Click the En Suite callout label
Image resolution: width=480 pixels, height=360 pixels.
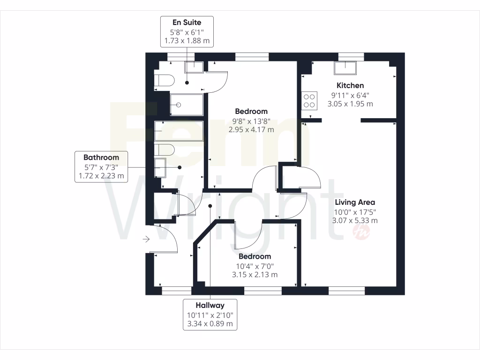187,31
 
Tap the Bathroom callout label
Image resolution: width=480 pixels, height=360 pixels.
101,167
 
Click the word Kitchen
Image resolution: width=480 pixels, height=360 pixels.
350,85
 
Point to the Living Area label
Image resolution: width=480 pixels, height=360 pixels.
355,202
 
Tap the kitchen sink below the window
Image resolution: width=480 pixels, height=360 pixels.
345,68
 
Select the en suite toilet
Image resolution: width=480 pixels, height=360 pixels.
165,81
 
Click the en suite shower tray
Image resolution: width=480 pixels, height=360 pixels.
186,105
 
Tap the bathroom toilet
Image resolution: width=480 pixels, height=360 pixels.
165,150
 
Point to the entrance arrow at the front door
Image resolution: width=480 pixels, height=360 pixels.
146,240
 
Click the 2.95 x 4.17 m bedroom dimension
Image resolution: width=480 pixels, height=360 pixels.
251,129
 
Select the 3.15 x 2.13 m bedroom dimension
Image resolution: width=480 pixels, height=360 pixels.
255,275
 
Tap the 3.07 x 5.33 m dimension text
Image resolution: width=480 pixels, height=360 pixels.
355,220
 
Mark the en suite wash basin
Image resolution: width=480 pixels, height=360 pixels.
194,67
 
